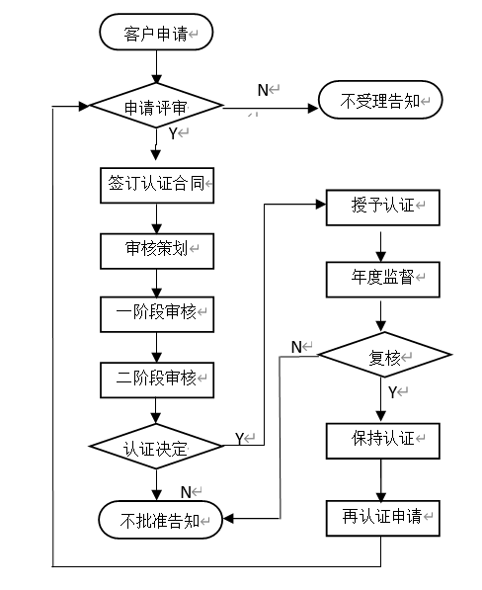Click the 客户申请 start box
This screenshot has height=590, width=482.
(x=156, y=35)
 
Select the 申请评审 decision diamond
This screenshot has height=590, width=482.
(x=156, y=107)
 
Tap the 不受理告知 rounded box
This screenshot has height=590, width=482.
(x=379, y=100)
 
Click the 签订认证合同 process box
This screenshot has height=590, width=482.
(x=156, y=184)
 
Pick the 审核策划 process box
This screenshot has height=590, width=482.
(x=156, y=249)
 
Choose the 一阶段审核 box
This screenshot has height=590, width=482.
(x=156, y=313)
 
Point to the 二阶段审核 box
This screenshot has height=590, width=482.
(x=156, y=377)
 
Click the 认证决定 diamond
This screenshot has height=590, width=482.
(x=156, y=448)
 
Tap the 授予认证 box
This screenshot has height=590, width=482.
(x=381, y=206)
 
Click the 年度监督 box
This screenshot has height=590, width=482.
(x=381, y=280)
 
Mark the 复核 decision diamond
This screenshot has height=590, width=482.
(x=381, y=358)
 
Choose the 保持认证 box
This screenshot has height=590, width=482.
(x=381, y=438)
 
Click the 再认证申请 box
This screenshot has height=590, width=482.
(x=381, y=517)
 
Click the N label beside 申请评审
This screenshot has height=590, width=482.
(x=263, y=90)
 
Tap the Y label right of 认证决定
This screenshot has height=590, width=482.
(x=240, y=437)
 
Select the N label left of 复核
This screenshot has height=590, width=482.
(x=295, y=346)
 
